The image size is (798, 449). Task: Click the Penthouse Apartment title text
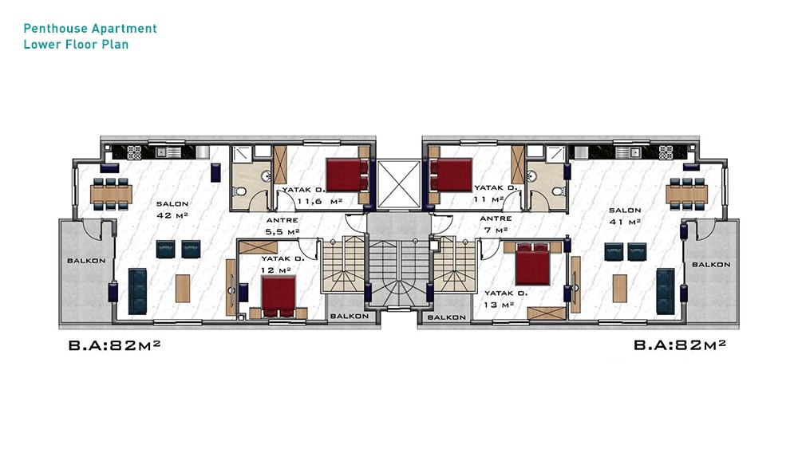click(x=90, y=29)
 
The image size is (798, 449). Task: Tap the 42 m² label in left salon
click(x=172, y=215)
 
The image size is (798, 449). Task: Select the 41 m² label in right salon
click(x=625, y=222)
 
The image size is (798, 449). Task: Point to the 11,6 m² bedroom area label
click(x=319, y=201)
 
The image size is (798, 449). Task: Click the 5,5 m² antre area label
click(x=282, y=232)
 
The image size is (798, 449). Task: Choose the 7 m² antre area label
click(x=496, y=230)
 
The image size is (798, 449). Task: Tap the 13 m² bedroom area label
click(x=500, y=305)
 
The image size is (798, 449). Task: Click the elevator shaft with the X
click(x=400, y=184)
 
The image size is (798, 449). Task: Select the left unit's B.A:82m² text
click(x=114, y=345)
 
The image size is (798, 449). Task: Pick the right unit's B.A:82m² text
click(x=679, y=345)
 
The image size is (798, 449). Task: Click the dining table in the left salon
click(x=112, y=194)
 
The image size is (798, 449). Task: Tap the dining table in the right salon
click(x=686, y=193)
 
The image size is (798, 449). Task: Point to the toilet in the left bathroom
click(x=240, y=192)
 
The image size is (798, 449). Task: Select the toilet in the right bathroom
click(x=559, y=191)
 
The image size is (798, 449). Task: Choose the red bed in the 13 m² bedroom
click(x=532, y=264)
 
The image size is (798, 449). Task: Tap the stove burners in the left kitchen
click(x=134, y=152)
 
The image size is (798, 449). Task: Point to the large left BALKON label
click(x=86, y=261)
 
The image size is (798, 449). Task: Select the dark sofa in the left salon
click(x=137, y=291)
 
